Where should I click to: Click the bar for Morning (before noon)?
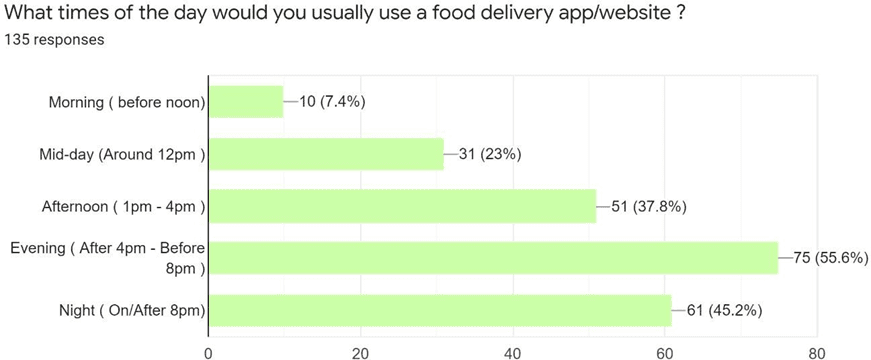pyautogui.click(x=246, y=101)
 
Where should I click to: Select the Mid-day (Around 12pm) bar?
pyautogui.click(x=326, y=154)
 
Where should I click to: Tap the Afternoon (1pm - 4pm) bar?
pyautogui.click(x=402, y=207)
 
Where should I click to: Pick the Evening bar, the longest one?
pyautogui.click(x=493, y=258)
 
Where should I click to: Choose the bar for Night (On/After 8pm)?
pyautogui.click(x=440, y=311)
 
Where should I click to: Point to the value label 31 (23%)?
pyautogui.click(x=490, y=154)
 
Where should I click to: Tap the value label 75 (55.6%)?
pyautogui.click(x=830, y=258)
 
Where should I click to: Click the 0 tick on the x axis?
pyautogui.click(x=208, y=351)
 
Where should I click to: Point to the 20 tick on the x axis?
pyautogui.click(x=360, y=351)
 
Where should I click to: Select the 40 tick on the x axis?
pyautogui.click(x=513, y=351)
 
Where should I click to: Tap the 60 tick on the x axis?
pyautogui.click(x=665, y=351)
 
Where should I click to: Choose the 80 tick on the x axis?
pyautogui.click(x=817, y=351)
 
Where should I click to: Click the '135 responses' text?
pyautogui.click(x=54, y=40)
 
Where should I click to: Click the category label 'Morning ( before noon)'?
pyautogui.click(x=127, y=102)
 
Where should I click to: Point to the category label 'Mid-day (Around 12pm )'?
pyautogui.click(x=122, y=155)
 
